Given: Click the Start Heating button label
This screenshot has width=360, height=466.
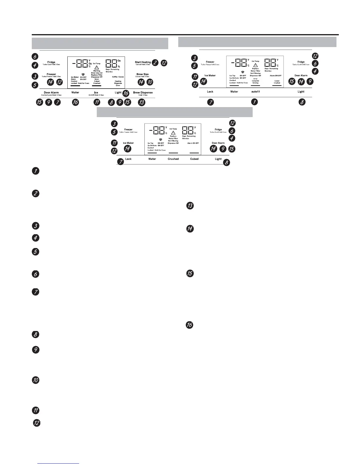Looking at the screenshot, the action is coord(143,62).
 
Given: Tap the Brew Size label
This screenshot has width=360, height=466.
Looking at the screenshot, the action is coord(142,74).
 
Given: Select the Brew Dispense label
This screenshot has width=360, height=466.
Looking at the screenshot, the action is coord(143,93).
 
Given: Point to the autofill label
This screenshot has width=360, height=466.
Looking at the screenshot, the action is coord(255,92).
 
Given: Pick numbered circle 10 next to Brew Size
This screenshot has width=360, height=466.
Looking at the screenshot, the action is coord(150,82).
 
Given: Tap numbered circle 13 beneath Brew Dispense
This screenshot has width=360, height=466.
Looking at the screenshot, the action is coord(142,102).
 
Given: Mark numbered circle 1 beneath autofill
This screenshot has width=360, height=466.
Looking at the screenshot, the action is coord(255,102).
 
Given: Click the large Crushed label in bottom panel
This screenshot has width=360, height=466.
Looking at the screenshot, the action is coord(173,159).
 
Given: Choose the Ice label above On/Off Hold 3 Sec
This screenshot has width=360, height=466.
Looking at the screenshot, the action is coord(96,93).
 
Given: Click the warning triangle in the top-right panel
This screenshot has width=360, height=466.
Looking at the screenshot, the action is coord(255,65).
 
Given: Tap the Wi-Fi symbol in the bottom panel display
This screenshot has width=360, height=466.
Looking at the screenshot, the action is coord(161,139).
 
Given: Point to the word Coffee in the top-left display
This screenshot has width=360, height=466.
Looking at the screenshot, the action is coord(115,77).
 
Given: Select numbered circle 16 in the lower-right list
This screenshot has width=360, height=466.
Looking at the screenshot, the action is coord(190,325).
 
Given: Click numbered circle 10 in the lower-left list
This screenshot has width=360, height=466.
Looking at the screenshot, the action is coord(35,380).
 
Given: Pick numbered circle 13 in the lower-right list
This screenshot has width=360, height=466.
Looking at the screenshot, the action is coord(190,206).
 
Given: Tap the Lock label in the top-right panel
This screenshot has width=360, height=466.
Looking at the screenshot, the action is coord(210,92).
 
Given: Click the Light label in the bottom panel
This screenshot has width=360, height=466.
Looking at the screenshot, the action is coord(218,159).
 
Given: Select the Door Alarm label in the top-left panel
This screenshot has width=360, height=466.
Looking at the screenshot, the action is coord(51,93).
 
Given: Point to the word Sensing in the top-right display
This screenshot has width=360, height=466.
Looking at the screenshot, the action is coord(255,83).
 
